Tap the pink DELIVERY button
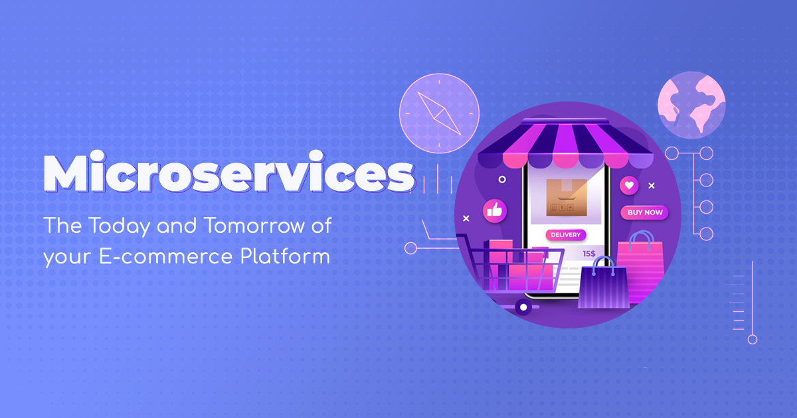(x=565, y=234)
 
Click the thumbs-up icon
(x=493, y=210)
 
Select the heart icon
(x=628, y=185)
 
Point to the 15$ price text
(x=589, y=253)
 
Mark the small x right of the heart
(x=652, y=185)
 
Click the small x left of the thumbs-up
(x=466, y=218)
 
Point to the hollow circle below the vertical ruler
(x=752, y=339)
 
